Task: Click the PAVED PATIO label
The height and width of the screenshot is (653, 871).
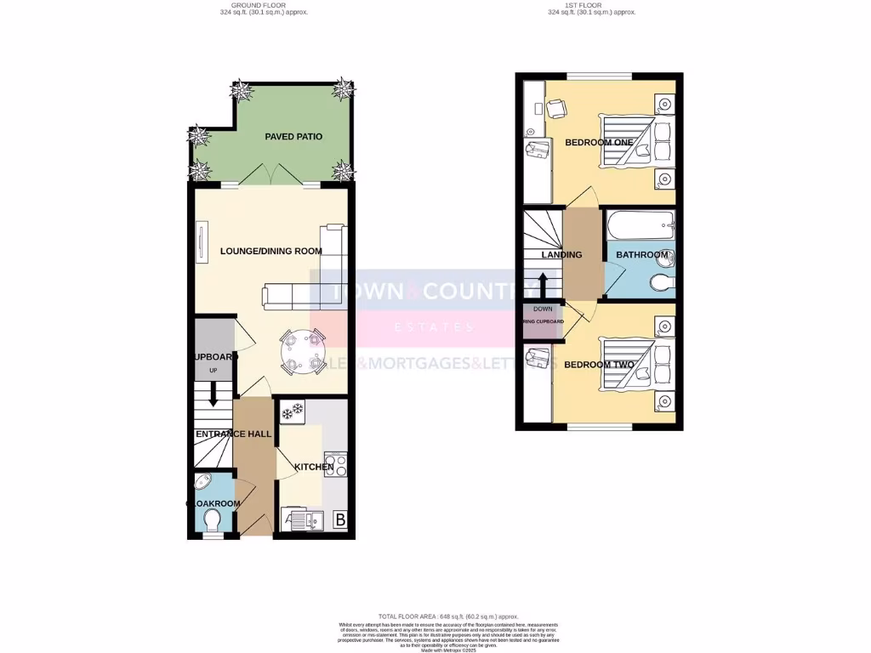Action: point(293,136)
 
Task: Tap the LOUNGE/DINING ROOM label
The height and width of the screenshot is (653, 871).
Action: point(271,251)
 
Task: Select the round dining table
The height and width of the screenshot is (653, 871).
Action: point(305,350)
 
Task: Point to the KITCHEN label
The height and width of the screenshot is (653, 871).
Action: point(313,467)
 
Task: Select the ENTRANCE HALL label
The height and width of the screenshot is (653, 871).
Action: point(234,434)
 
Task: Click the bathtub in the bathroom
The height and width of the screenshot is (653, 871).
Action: point(640,226)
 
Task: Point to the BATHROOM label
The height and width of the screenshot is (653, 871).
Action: point(642,254)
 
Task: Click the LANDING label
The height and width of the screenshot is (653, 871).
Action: point(562,254)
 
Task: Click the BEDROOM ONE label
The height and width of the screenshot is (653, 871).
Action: point(601,142)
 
